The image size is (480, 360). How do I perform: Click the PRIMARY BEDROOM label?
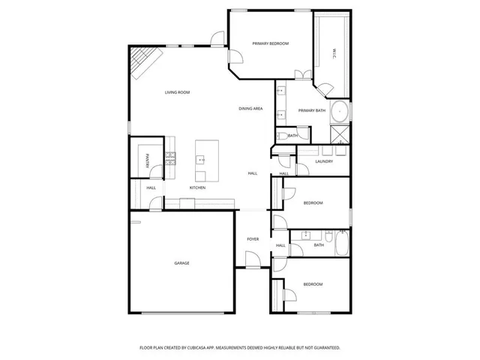270,43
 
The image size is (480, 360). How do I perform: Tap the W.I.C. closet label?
334,52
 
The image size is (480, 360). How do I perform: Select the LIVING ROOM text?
177,92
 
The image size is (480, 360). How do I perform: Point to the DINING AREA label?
250,109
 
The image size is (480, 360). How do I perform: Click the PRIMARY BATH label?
312,111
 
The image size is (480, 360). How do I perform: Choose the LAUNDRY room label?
324,161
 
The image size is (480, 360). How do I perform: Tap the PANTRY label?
147,160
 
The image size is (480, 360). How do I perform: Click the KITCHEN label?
197,187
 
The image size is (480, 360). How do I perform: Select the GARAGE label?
181,263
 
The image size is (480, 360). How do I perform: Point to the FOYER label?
253,239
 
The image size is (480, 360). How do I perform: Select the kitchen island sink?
201,159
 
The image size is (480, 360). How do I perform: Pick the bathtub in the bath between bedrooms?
341,244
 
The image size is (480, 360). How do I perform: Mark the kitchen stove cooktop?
170,157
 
